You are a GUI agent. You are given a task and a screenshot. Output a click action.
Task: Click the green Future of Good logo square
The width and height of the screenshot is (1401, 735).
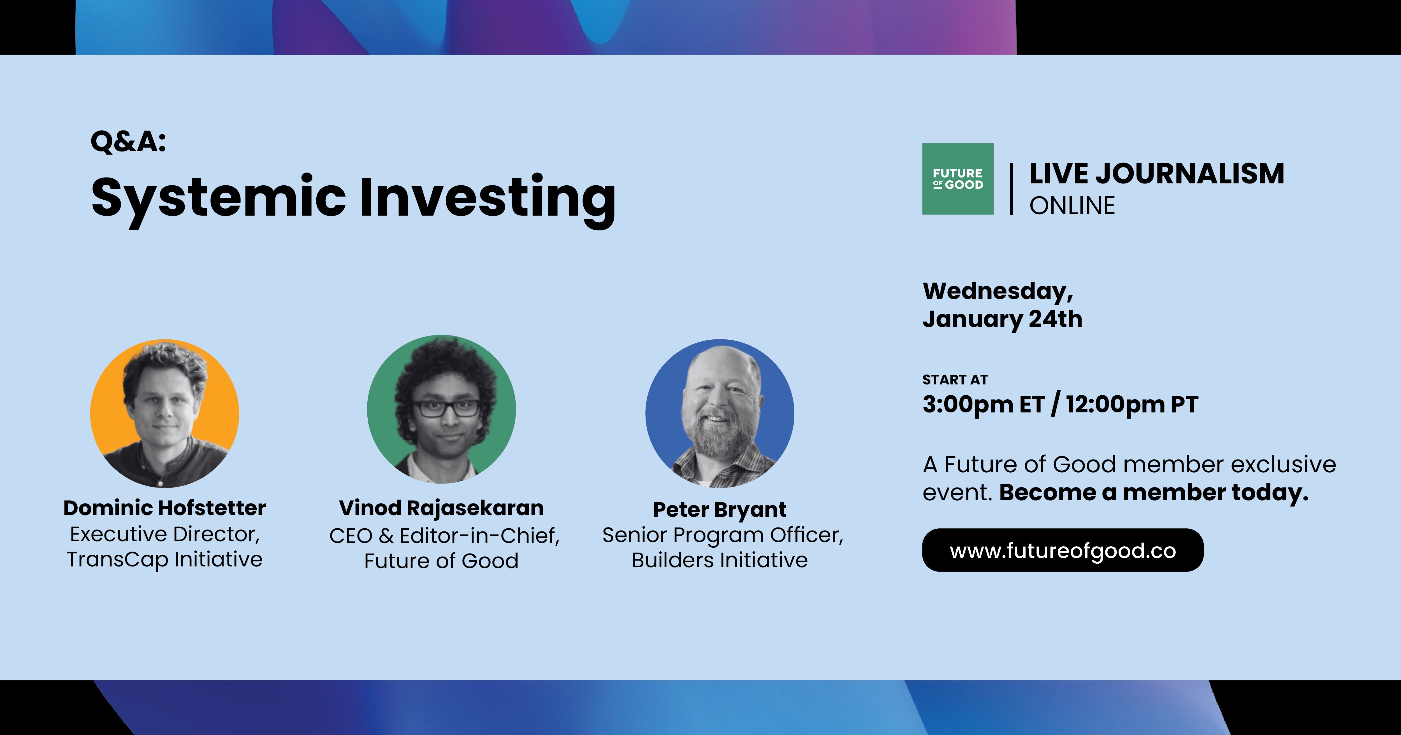pos(958,179)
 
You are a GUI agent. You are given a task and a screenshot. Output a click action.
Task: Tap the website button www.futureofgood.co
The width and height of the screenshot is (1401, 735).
pos(1063,550)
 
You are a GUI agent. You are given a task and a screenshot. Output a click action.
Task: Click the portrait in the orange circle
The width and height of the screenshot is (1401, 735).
pos(165,414)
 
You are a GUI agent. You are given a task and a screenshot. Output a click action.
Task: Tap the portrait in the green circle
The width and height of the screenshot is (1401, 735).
pos(442,409)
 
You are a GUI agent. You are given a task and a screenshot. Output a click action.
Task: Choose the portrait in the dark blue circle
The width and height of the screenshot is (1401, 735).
pos(720,414)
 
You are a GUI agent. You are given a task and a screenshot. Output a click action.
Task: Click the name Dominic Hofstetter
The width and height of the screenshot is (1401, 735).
pos(165,508)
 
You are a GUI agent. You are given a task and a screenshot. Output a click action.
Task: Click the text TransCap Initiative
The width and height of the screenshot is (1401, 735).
pos(165,559)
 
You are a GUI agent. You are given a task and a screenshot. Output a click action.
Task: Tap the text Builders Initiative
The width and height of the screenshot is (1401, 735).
pos(720,560)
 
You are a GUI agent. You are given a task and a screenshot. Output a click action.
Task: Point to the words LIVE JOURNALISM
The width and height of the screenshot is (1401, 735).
pos(1157,174)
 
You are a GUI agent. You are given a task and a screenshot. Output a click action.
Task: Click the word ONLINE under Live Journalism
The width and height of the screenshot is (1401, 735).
pos(1072,206)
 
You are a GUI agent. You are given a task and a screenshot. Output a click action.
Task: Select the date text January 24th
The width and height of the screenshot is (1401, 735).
pos(1002,319)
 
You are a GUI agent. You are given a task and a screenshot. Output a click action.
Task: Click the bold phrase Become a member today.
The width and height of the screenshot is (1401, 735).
pos(1154,493)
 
